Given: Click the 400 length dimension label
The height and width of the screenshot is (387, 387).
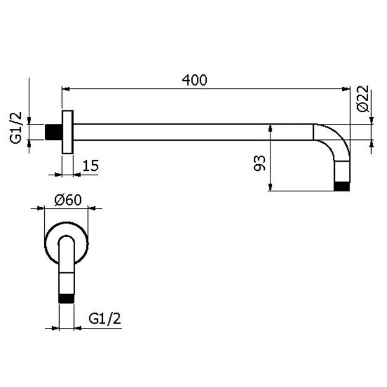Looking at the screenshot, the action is click(x=194, y=80).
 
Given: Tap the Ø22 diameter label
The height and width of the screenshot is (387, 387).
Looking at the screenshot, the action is click(x=363, y=99).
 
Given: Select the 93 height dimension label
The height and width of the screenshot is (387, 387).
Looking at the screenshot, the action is click(x=259, y=163).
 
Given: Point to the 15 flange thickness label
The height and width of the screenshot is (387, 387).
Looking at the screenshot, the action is click(x=90, y=166).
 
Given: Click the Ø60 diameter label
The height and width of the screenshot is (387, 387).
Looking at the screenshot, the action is click(x=68, y=200).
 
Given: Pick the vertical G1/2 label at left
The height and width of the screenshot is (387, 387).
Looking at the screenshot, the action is click(x=16, y=128).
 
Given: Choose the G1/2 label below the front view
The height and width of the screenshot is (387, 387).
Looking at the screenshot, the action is click(x=105, y=318).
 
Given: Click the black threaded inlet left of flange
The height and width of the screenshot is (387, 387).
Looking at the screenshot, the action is click(x=54, y=132).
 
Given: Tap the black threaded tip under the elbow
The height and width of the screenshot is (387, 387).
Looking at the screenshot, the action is click(x=342, y=187).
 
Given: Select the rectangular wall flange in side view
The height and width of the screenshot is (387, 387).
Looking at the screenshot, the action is click(x=67, y=132).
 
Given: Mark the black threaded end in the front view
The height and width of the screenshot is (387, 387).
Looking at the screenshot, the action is click(x=66, y=299).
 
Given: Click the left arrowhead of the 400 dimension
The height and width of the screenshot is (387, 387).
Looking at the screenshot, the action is click(x=65, y=89).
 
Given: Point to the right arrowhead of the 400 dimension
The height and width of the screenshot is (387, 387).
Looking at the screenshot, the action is click(x=346, y=89).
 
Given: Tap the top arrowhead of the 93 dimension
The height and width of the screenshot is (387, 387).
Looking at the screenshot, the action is click(x=270, y=128).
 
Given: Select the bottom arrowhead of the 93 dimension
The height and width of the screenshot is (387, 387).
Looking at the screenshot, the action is click(x=270, y=187).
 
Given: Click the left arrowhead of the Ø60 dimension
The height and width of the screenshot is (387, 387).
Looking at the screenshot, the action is click(x=40, y=208).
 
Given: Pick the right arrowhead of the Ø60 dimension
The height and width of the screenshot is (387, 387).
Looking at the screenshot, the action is click(x=92, y=208).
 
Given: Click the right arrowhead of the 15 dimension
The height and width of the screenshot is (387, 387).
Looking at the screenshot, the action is click(x=77, y=175).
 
